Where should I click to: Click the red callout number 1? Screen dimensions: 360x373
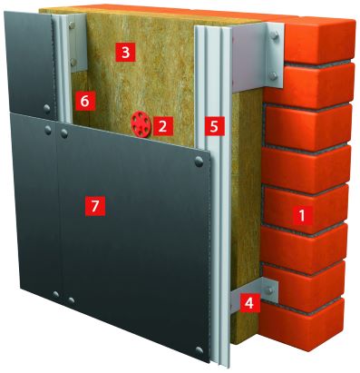(x=301, y=215)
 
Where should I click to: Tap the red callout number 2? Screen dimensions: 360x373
(x=162, y=125)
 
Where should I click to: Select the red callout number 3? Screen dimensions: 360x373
(x=126, y=53)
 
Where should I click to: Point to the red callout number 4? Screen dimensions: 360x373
(x=249, y=302)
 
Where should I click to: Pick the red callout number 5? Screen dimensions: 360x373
(x=214, y=126)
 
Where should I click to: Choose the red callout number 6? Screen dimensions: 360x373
(x=85, y=102)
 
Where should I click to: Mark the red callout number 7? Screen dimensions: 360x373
(x=95, y=205)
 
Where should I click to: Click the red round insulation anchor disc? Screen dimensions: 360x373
(x=141, y=124)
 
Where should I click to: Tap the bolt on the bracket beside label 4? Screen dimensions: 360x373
(x=268, y=290)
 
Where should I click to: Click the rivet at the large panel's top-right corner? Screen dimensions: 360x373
(x=199, y=162)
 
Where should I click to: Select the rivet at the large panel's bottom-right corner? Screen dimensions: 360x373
(x=199, y=349)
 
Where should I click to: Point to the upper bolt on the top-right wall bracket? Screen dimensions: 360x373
(x=275, y=35)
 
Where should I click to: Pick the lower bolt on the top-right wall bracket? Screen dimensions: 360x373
(x=273, y=75)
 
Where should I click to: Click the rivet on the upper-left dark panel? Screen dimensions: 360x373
(x=47, y=108)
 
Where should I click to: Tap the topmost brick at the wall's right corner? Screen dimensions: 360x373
(x=320, y=40)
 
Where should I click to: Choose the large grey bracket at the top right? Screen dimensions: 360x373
(x=258, y=56)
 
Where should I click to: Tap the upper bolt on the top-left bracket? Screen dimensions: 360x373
(x=72, y=25)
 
